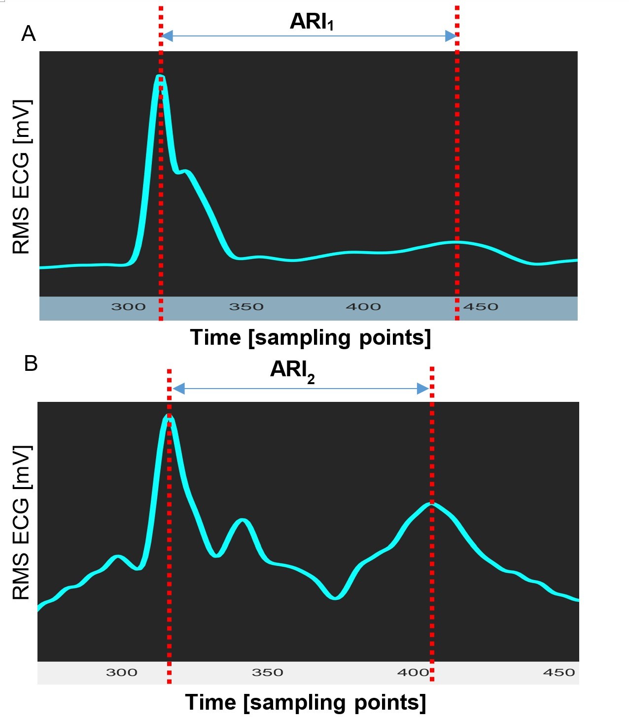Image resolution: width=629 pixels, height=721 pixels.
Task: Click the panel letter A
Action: click(x=29, y=33)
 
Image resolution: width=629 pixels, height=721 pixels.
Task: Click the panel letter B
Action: click(x=31, y=363)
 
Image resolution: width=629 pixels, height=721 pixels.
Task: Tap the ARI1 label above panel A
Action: click(x=312, y=22)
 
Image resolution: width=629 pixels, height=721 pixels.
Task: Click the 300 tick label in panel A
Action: click(x=128, y=307)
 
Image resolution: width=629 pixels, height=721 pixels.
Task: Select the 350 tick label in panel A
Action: click(x=246, y=307)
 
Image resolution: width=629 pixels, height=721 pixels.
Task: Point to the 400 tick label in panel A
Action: click(x=363, y=307)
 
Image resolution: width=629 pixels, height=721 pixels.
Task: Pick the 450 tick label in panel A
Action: click(x=481, y=307)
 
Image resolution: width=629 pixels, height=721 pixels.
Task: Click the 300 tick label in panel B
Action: click(x=122, y=672)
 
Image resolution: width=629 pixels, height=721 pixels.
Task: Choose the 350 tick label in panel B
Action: click(x=268, y=672)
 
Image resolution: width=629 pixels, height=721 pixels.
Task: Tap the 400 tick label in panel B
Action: click(x=413, y=672)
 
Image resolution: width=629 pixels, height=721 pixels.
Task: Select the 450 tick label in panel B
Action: click(x=559, y=672)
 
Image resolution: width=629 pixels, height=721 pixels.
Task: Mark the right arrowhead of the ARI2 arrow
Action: click(x=423, y=389)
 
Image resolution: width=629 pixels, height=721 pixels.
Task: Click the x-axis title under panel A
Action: click(x=311, y=337)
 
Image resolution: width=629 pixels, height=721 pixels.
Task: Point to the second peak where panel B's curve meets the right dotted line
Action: click(x=432, y=504)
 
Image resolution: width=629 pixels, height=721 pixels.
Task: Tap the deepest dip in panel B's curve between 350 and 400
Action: click(x=335, y=598)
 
